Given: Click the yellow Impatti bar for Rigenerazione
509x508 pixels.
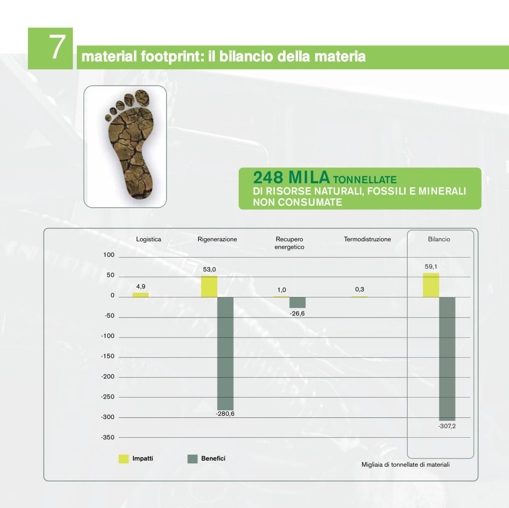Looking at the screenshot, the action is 209,287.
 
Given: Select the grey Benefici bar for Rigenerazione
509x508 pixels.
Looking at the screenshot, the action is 225,353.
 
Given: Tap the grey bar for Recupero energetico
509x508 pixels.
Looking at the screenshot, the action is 297,302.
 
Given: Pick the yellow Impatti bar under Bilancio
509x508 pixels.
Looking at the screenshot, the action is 431,285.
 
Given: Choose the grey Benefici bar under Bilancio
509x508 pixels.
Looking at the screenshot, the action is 447,359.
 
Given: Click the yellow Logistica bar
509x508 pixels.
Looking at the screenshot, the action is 140,295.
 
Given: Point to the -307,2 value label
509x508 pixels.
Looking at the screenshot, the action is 447,426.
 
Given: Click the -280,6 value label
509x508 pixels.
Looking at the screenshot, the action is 225,414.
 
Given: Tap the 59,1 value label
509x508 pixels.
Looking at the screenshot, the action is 431,267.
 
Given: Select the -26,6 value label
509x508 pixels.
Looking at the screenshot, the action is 297,314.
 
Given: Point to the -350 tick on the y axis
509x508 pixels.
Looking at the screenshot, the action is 108,438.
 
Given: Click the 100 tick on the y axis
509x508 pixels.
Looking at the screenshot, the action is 109,255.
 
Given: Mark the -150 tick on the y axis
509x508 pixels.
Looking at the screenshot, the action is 108,356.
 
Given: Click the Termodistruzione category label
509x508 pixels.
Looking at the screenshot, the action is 367,239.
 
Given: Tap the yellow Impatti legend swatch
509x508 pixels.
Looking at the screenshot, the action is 124,459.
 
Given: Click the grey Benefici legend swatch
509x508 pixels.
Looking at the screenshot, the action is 192,459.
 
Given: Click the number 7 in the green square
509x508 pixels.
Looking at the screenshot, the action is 57,47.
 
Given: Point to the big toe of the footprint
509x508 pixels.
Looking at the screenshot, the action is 142,98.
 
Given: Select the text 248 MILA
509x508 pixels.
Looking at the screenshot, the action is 291,178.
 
